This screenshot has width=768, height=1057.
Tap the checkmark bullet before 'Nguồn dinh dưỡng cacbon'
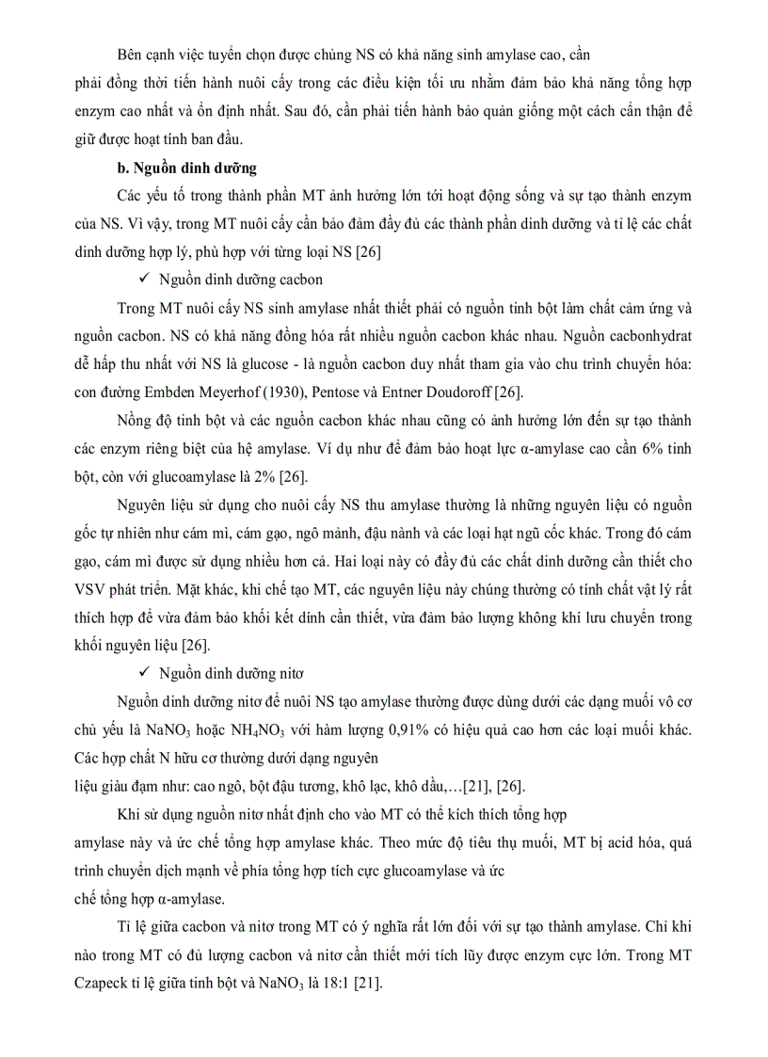tap(143, 280)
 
